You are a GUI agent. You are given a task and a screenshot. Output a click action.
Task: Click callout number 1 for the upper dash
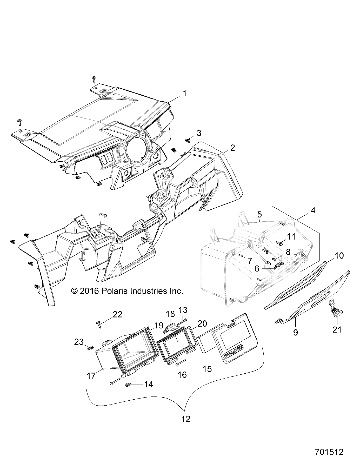pyautogui.click(x=184, y=94)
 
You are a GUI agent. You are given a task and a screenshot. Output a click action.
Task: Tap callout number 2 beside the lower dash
pyautogui.click(x=232, y=148)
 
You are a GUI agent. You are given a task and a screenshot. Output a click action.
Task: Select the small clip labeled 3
pyautogui.click(x=188, y=141)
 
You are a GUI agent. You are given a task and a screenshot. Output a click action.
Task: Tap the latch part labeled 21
pyautogui.click(x=336, y=311)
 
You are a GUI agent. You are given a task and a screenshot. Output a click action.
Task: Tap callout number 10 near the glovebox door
pyautogui.click(x=338, y=256)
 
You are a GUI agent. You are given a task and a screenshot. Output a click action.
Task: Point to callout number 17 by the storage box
pyautogui.click(x=91, y=375)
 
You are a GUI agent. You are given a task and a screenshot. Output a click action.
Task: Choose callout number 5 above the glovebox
pyautogui.click(x=259, y=215)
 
